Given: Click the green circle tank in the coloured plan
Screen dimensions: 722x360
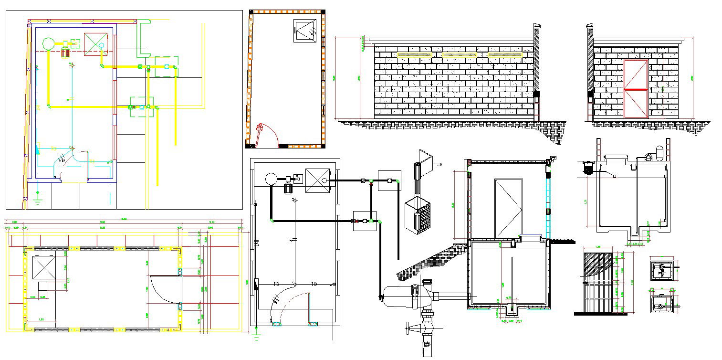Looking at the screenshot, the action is pyautogui.click(x=48, y=44).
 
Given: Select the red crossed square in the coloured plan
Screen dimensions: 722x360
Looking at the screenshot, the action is pyautogui.click(x=95, y=44).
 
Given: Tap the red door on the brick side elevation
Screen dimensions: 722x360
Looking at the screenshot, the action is pyautogui.click(x=636, y=89).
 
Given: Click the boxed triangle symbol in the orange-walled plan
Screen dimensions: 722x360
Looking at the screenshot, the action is pyautogui.click(x=305, y=31).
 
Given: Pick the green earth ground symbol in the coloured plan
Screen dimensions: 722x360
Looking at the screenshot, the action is pyautogui.click(x=38, y=197).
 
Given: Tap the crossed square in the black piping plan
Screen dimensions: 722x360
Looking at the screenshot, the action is pyautogui.click(x=317, y=180).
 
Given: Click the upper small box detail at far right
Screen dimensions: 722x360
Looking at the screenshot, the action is pyautogui.click(x=662, y=271).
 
